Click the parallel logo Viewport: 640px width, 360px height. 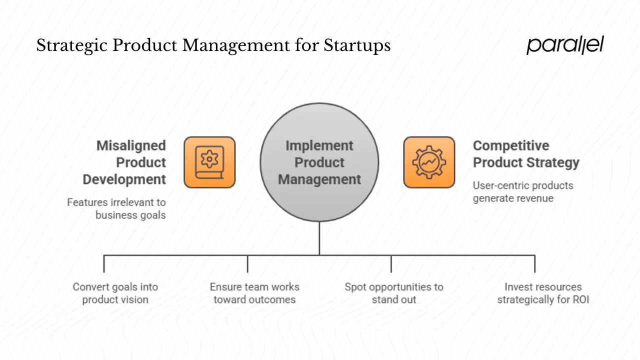tap(565, 45)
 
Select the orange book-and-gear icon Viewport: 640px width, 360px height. tap(209, 162)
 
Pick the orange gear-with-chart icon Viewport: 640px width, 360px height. tap(429, 162)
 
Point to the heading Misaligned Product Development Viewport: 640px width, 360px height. tap(125, 162)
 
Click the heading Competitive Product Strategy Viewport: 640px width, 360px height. tap(526, 154)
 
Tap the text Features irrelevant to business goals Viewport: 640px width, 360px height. tap(116, 208)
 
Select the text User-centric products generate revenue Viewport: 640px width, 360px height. tap(523, 191)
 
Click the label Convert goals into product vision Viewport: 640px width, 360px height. tap(115, 293)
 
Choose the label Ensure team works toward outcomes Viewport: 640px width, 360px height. tap(254, 293)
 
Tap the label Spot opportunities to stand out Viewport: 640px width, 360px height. tap(394, 293)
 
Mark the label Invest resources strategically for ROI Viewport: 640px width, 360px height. tap(543, 293)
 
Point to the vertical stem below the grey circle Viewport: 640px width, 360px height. tap(319, 238)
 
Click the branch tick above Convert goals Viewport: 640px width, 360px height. tap(104, 264)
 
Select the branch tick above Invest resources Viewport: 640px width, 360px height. tap(534, 264)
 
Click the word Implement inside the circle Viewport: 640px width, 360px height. tap(319, 146)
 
